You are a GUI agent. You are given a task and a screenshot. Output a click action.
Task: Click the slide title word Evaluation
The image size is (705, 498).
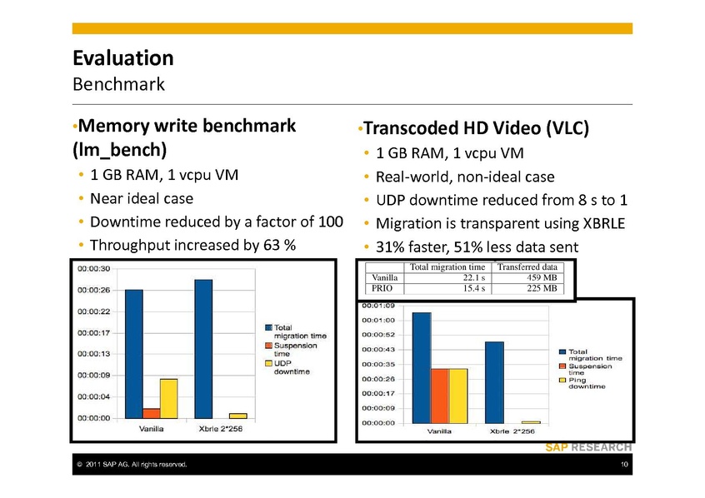tap(122, 58)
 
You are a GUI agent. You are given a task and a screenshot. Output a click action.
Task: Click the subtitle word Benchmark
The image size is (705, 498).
tap(118, 84)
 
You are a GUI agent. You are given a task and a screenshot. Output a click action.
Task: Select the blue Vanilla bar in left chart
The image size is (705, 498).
tap(134, 353)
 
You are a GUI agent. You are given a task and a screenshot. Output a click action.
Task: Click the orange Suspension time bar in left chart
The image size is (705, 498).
tap(151, 412)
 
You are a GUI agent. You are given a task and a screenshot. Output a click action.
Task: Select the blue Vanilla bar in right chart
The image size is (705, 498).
tap(422, 367)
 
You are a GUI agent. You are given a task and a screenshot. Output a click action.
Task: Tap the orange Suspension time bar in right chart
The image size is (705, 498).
tap(440, 395)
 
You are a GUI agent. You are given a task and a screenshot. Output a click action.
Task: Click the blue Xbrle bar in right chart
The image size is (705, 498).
tap(494, 381)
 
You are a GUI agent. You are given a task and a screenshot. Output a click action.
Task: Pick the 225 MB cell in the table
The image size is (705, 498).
tap(545, 288)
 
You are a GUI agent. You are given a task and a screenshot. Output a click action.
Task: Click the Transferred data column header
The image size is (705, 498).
tap(529, 266)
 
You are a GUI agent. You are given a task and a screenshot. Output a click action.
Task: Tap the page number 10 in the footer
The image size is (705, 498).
tap(623, 464)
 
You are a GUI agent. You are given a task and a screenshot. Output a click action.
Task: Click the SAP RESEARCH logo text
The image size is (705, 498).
tap(588, 447)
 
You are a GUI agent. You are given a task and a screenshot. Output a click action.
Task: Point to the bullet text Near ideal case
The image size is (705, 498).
tap(142, 199)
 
